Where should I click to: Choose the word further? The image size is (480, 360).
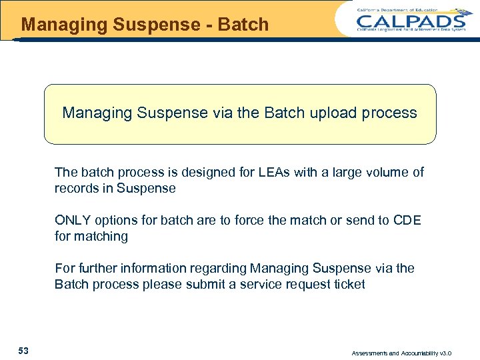97,268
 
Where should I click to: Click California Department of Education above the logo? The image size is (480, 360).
407,9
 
